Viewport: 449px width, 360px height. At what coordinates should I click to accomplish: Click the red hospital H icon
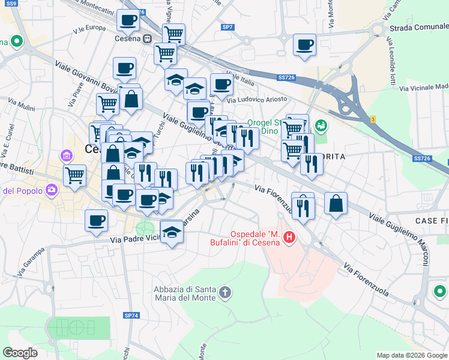click(289, 238)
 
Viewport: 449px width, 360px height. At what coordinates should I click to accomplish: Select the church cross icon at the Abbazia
click(225, 293)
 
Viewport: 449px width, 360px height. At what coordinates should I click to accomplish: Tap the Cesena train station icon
click(148, 38)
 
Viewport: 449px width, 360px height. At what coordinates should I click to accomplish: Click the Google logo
click(20, 353)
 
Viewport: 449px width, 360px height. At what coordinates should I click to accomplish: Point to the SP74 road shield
click(131, 315)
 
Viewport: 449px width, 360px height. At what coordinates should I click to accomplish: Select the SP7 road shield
click(228, 27)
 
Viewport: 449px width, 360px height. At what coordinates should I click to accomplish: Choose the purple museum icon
click(66, 157)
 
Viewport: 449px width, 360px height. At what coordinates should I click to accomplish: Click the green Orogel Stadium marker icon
click(321, 125)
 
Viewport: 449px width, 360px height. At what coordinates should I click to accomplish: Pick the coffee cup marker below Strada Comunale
click(304, 44)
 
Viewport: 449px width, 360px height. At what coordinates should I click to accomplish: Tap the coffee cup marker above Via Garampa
click(96, 221)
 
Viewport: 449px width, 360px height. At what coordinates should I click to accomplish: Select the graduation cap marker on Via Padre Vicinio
click(172, 231)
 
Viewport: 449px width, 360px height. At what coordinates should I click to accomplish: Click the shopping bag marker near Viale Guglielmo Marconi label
click(336, 203)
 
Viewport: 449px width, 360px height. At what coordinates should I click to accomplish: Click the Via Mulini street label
click(22, 107)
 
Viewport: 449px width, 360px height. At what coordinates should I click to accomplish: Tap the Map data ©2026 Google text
click(411, 355)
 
